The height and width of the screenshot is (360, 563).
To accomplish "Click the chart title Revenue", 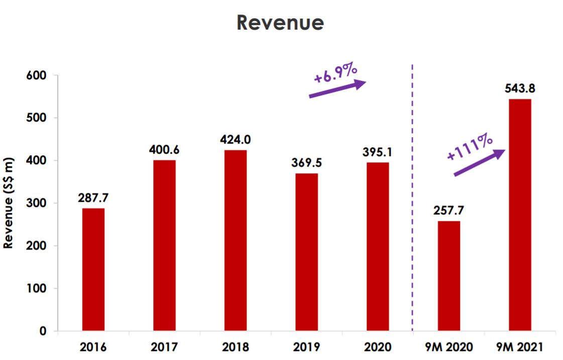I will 280,23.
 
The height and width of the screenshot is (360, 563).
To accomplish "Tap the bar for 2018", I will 236,241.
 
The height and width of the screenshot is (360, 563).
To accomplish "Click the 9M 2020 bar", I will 448,276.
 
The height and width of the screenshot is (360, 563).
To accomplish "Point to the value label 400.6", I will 164,150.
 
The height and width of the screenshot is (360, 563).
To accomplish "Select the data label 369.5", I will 307,163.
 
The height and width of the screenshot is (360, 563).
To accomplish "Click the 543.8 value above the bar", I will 520,88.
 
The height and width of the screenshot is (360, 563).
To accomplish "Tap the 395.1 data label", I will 378,152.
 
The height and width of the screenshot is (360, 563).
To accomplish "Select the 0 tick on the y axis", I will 43,331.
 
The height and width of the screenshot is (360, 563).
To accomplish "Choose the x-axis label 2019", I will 307,347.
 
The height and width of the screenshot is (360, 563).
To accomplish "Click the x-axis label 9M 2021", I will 520,347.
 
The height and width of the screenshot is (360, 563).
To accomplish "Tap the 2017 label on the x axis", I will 164,347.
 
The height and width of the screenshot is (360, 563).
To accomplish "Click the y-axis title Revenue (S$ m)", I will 9,203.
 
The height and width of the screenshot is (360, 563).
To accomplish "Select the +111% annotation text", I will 470,146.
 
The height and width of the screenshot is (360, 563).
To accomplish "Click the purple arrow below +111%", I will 479,163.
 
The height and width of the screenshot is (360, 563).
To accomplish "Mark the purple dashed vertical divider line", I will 413,201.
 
